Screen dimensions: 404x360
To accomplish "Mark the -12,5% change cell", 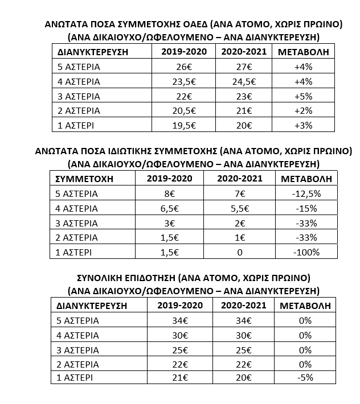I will tap(306, 193).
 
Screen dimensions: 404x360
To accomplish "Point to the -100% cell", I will tap(306, 252).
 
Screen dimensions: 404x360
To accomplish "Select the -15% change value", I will tap(306, 208).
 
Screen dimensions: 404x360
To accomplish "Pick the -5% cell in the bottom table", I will tap(305, 378).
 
